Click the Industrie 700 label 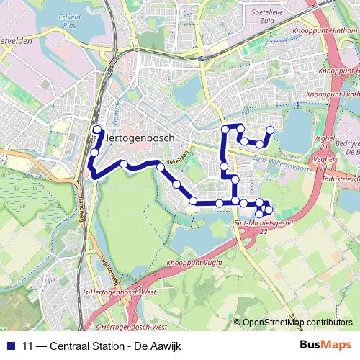click(341, 178)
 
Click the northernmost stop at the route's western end click(96, 130)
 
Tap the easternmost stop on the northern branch click(271, 130)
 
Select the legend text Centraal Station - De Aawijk click(113, 346)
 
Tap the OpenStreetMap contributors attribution click(297, 323)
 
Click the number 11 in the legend click(28, 346)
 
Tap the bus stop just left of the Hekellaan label click(161, 167)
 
